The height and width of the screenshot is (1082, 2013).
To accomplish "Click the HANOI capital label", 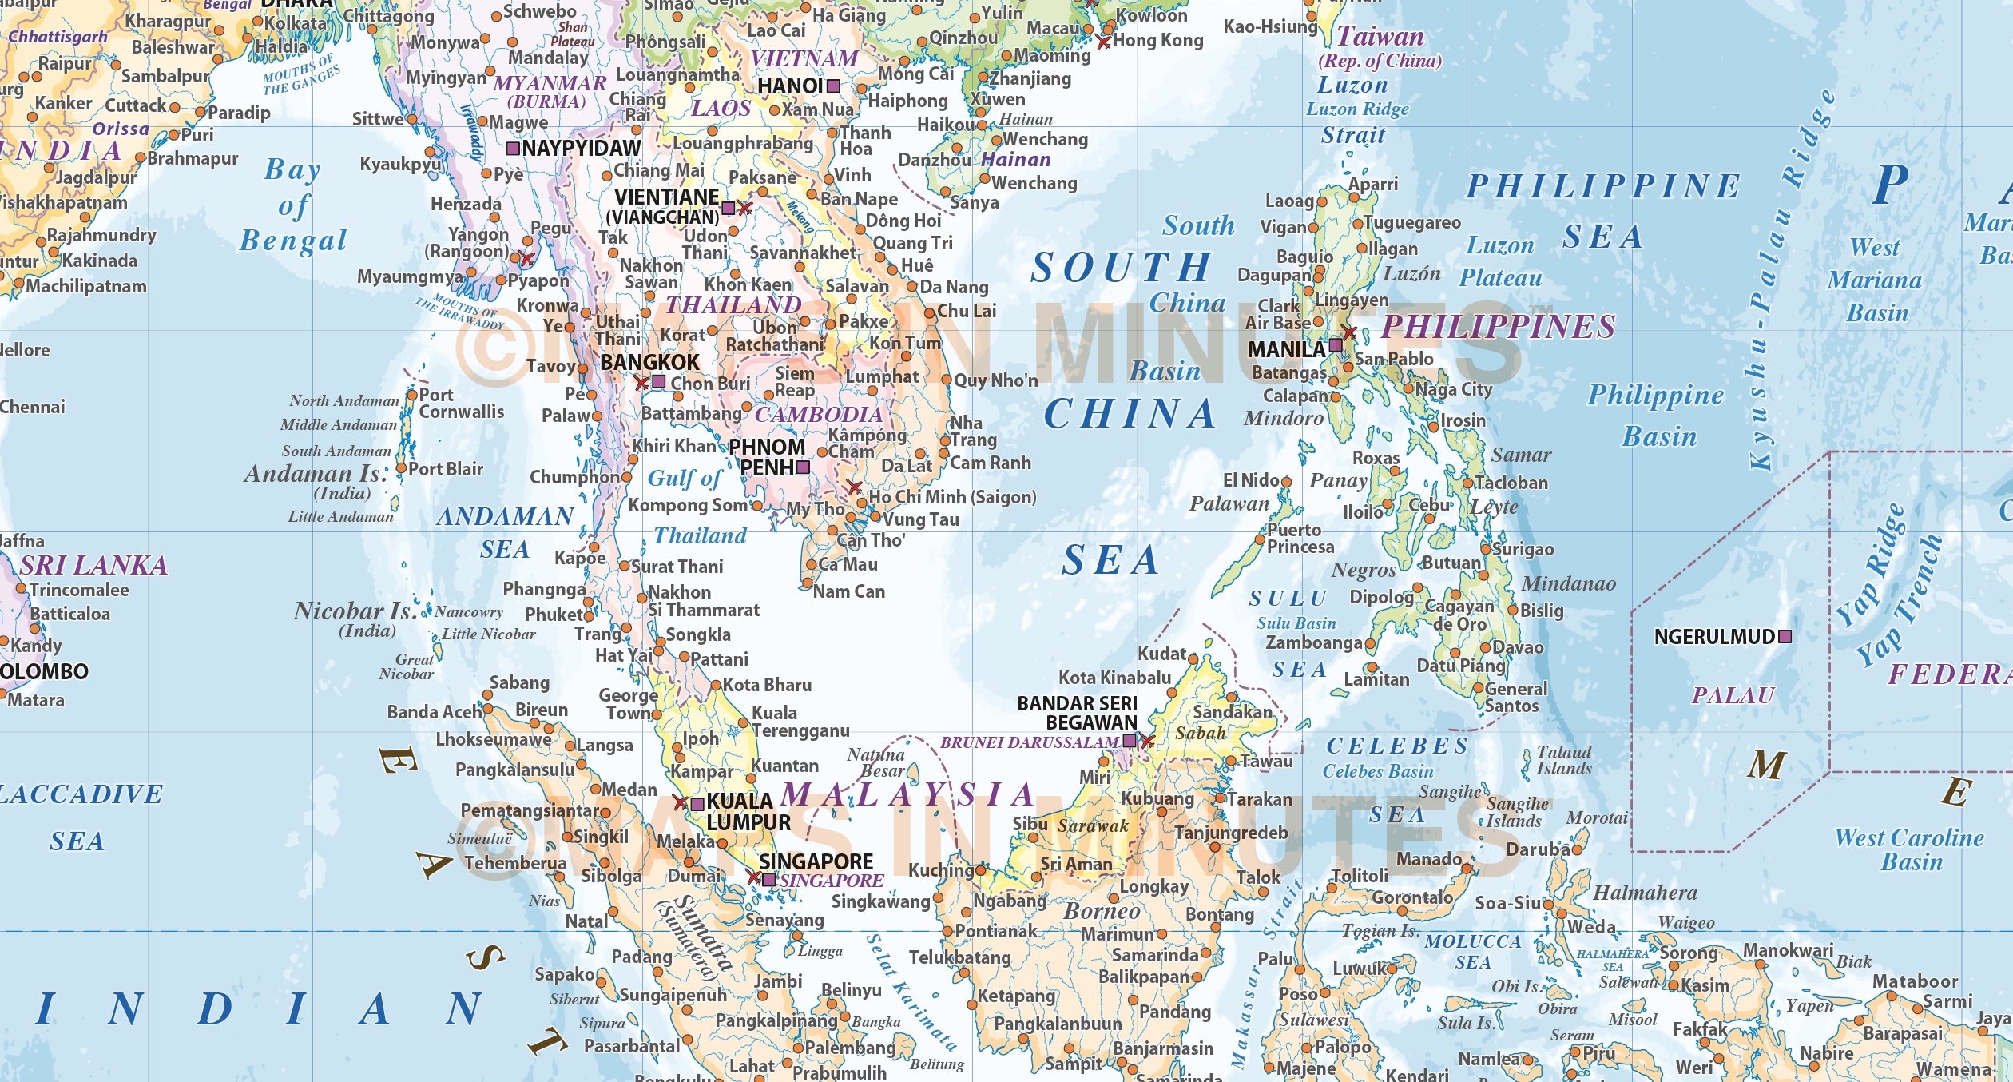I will (x=790, y=86).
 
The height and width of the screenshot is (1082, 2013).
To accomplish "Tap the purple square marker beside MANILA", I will (x=1336, y=346).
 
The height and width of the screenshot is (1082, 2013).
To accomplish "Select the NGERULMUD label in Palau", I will (x=1714, y=637).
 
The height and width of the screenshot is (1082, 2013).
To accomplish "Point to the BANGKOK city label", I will (x=649, y=362).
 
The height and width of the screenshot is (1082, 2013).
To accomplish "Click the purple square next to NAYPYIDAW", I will (x=514, y=149).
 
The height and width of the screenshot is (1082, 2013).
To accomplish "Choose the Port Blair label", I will (x=446, y=469).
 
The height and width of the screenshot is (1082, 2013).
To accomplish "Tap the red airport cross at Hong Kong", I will (x=1104, y=42).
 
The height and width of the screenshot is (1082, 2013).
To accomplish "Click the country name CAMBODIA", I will (x=819, y=414).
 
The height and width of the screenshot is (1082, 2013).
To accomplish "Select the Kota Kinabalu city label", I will (x=1114, y=678).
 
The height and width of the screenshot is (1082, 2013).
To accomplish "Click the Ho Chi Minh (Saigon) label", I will (x=952, y=497).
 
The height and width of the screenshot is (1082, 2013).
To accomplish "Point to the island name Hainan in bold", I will (x=1016, y=160).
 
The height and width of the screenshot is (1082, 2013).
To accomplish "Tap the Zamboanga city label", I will (x=1314, y=642).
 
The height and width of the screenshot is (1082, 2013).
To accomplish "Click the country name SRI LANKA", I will (x=93, y=565).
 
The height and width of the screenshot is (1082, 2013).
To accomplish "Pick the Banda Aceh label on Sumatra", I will (x=435, y=711).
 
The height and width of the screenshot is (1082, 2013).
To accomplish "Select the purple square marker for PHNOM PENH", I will (x=804, y=467).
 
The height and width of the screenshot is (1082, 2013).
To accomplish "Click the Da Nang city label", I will (x=954, y=287).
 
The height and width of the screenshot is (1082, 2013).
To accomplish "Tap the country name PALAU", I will (x=1733, y=695).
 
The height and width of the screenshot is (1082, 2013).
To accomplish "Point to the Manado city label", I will (x=1429, y=859).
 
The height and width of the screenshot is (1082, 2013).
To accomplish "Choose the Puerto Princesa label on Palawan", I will (x=1300, y=539).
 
